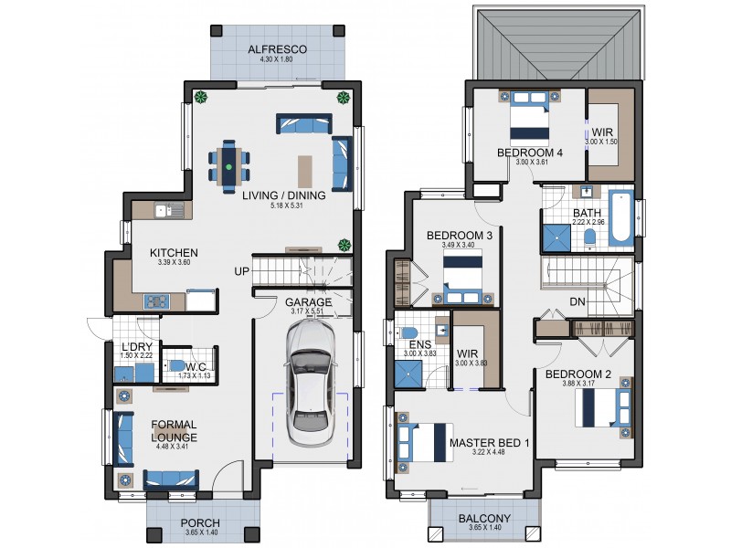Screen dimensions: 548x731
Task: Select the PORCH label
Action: [199, 523]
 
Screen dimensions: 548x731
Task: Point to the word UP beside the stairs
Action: [242, 272]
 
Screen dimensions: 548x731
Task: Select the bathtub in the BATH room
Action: [620, 217]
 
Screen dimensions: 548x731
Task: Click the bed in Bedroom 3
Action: [463, 277]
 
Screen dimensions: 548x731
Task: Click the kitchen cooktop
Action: [156, 300]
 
